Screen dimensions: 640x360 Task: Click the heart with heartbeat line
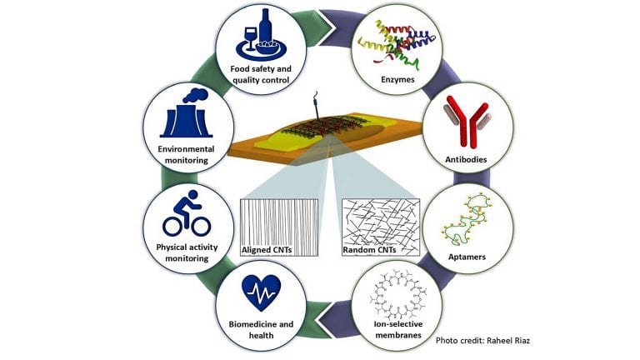coord(260,294)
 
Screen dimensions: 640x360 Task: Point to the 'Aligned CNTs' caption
coord(267,249)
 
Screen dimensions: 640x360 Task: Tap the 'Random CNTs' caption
coord(371,249)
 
